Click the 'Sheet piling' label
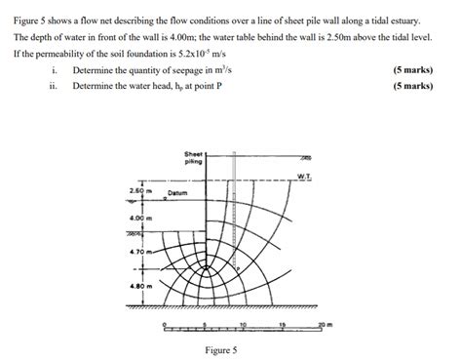coord(193,158)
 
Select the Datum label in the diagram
coord(177,193)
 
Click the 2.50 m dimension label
coord(140,189)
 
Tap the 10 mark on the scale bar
coord(242,323)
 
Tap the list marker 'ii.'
coord(57,86)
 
